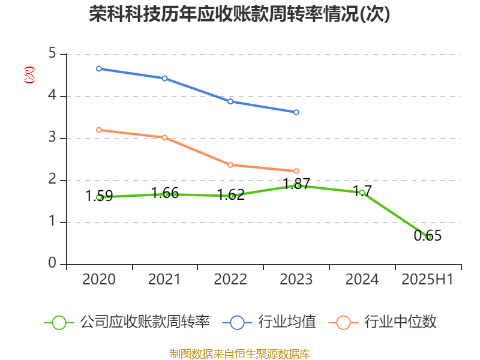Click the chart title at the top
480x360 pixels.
(240, 14)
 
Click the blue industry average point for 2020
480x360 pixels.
(99, 69)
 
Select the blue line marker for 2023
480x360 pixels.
(296, 112)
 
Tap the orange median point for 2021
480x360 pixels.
(165, 137)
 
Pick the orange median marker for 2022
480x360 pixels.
(230, 164)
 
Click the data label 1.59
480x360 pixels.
(99, 196)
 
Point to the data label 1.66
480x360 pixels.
(165, 193)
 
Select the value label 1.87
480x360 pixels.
(296, 184)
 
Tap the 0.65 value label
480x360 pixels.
(428, 236)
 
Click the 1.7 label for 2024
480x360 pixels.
(362, 191)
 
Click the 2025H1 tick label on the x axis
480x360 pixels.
(428, 280)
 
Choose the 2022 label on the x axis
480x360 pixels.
(230, 280)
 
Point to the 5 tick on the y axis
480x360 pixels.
(52, 54)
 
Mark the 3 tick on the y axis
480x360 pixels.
(52, 138)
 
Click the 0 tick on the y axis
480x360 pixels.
(52, 264)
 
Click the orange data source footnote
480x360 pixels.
(240, 353)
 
